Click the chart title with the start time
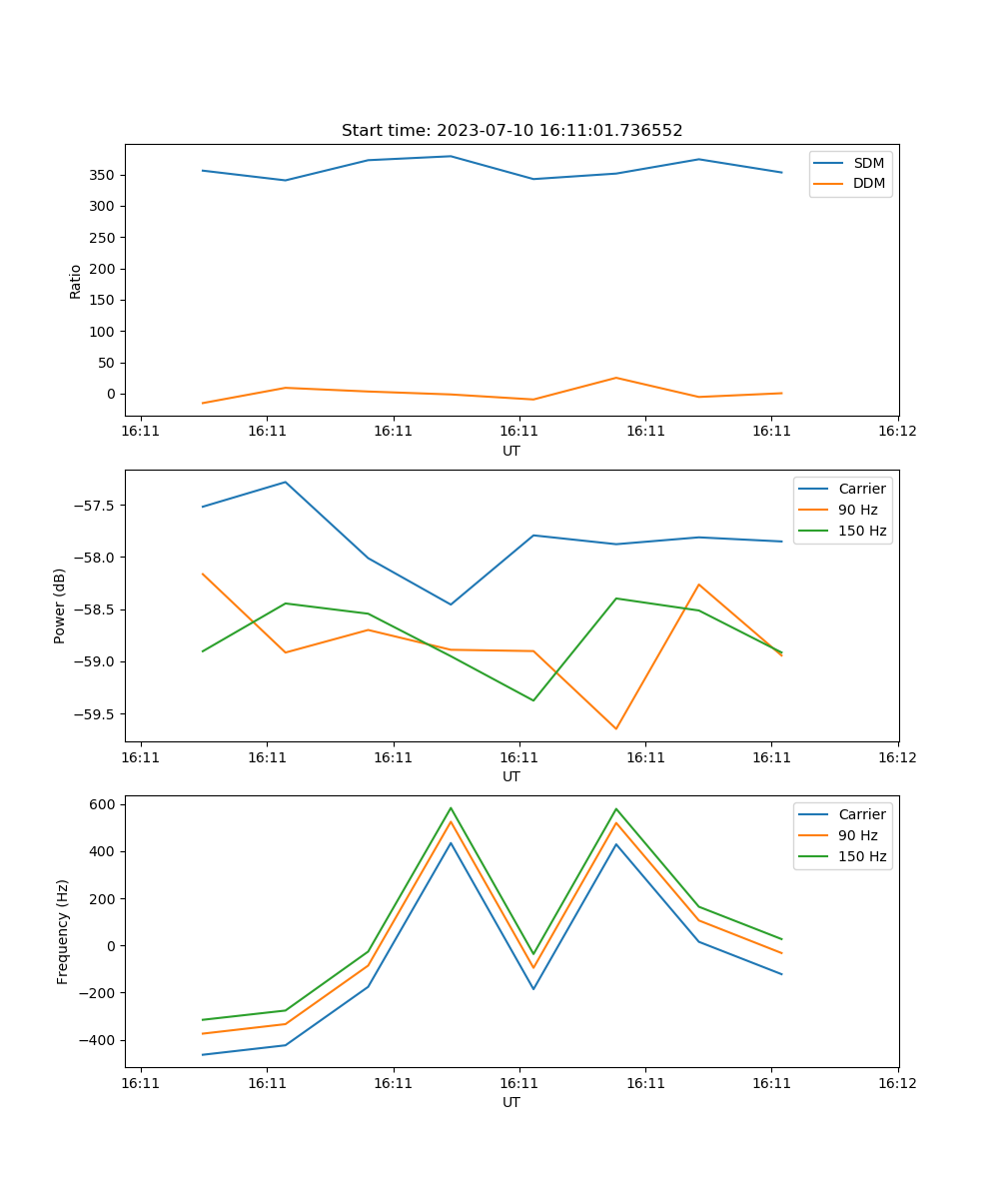point(511,131)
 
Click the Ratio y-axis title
point(76,280)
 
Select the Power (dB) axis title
point(60,605)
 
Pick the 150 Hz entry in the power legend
point(862,531)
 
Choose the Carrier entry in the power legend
point(861,489)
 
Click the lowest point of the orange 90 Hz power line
point(615,728)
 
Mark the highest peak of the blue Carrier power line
point(286,483)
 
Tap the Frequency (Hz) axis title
point(63,931)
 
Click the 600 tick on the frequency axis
point(104,804)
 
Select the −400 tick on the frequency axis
point(99,1040)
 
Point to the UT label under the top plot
point(511,451)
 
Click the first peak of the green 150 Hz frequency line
point(451,808)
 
